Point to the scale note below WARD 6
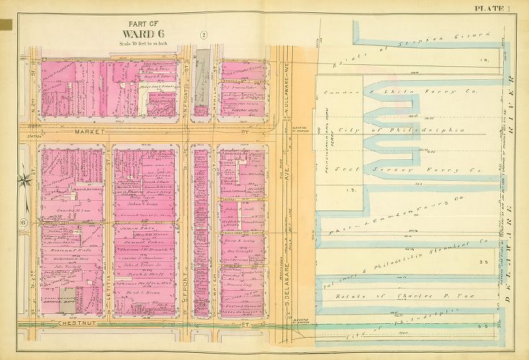point(148,44)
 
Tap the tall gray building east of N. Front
point(205,72)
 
